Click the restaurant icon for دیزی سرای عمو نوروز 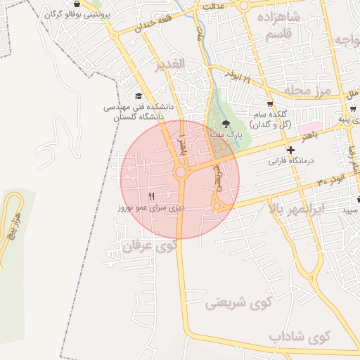point(152,196)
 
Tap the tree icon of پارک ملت point(225,123)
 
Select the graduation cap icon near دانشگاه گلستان point(138,96)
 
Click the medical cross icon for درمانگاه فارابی point(291,150)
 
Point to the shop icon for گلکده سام point(269,104)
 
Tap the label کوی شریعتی point(239,304)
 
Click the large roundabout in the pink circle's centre point(181,172)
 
